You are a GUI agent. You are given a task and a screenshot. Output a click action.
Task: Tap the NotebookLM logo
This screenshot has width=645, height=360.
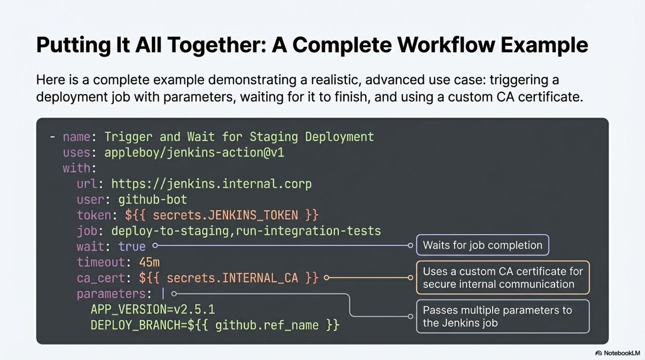pyautogui.click(x=617, y=353)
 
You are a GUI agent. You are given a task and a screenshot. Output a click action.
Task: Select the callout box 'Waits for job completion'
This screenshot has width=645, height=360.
pyautogui.click(x=482, y=245)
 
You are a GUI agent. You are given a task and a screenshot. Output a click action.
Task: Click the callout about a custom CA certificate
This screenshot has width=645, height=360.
pyautogui.click(x=503, y=278)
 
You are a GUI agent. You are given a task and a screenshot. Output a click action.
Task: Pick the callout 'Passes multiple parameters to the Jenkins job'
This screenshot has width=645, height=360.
pyautogui.click(x=503, y=316)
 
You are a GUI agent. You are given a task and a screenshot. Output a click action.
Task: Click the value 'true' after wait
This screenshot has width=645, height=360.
pyautogui.click(x=132, y=247)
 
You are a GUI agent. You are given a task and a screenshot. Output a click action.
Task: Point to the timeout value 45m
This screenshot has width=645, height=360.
pyautogui.click(x=149, y=262)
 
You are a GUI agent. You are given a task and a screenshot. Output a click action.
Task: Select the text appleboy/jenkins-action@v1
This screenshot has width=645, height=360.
pyautogui.click(x=194, y=153)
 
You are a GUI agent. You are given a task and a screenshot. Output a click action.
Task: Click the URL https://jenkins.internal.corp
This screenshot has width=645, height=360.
pyautogui.click(x=211, y=184)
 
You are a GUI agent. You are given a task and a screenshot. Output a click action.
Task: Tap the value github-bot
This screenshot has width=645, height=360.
pyautogui.click(x=153, y=200)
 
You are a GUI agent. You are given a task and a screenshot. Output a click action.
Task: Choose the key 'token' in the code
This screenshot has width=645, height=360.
pyautogui.click(x=94, y=215)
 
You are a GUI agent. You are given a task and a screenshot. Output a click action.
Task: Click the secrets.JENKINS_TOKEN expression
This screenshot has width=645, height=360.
pyautogui.click(x=222, y=215)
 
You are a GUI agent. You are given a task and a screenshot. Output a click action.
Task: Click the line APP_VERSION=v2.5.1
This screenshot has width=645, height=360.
pyautogui.click(x=153, y=309)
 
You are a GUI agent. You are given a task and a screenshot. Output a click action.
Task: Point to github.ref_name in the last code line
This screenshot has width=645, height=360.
pyautogui.click(x=267, y=325)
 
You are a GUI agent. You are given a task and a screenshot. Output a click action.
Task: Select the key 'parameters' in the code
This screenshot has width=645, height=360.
pyautogui.click(x=111, y=294)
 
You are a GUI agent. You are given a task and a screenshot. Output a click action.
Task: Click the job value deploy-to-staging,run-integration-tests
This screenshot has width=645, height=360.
pyautogui.click(x=246, y=231)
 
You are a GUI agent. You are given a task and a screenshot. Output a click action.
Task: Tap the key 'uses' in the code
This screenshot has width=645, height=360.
pyautogui.click(x=76, y=153)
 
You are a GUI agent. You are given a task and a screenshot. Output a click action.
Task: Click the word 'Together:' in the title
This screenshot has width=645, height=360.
pyautogui.click(x=217, y=45)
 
